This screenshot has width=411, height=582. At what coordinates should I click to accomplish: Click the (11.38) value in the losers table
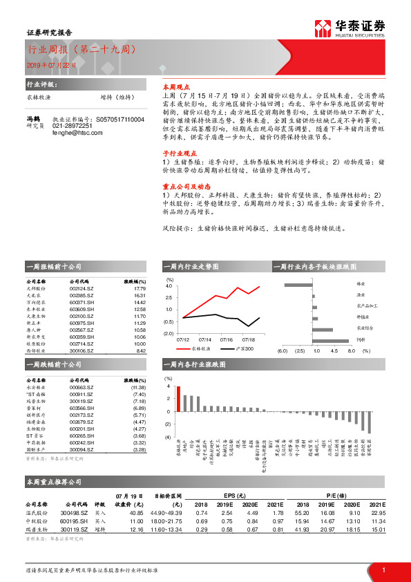point(137,388)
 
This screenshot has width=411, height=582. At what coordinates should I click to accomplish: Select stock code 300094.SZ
point(82,449)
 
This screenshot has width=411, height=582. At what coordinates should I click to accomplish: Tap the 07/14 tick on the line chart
point(205,339)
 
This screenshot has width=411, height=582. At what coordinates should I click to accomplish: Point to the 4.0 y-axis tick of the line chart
point(169,285)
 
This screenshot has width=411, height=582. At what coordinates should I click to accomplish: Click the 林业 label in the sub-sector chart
point(361,284)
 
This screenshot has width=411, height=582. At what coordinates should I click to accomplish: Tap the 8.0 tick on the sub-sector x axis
point(351,351)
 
